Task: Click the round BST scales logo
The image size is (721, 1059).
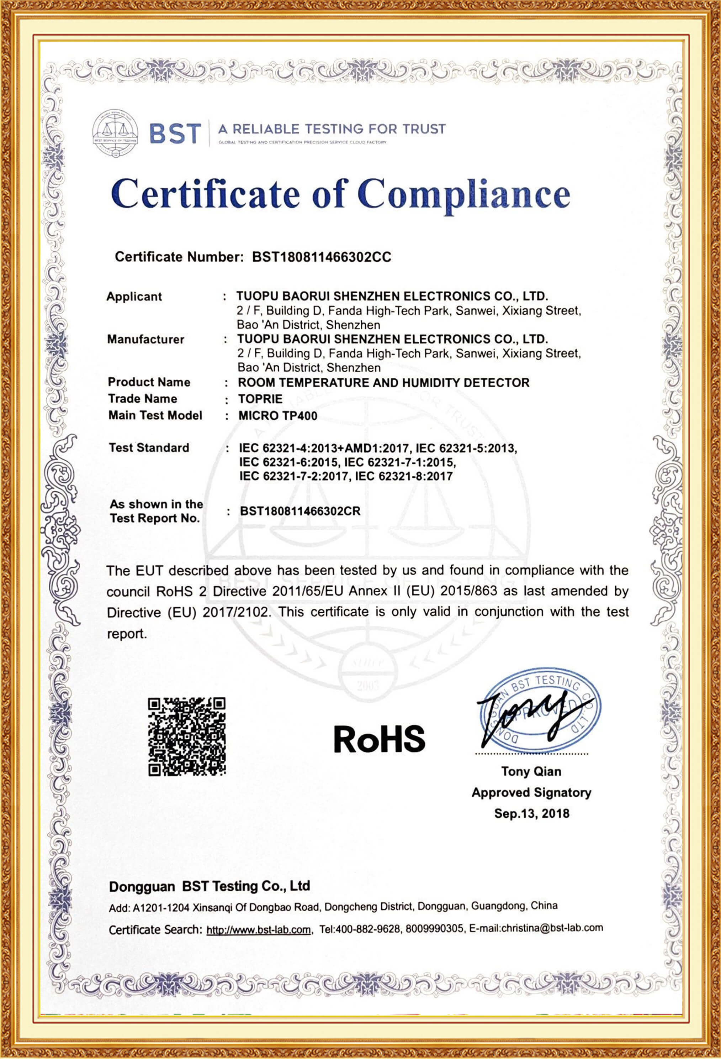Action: [115, 133]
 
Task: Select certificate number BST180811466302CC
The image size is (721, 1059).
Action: [322, 257]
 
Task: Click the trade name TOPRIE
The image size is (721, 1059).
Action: [260, 399]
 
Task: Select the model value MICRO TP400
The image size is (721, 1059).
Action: [278, 415]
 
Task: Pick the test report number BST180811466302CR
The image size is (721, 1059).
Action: [300, 511]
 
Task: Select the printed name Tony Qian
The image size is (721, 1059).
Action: [531, 771]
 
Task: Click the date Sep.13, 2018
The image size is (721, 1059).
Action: [531, 813]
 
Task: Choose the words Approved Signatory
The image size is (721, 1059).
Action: [531, 792]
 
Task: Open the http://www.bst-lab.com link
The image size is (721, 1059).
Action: [259, 930]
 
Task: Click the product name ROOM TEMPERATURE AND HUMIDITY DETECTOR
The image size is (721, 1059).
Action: [383, 382]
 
